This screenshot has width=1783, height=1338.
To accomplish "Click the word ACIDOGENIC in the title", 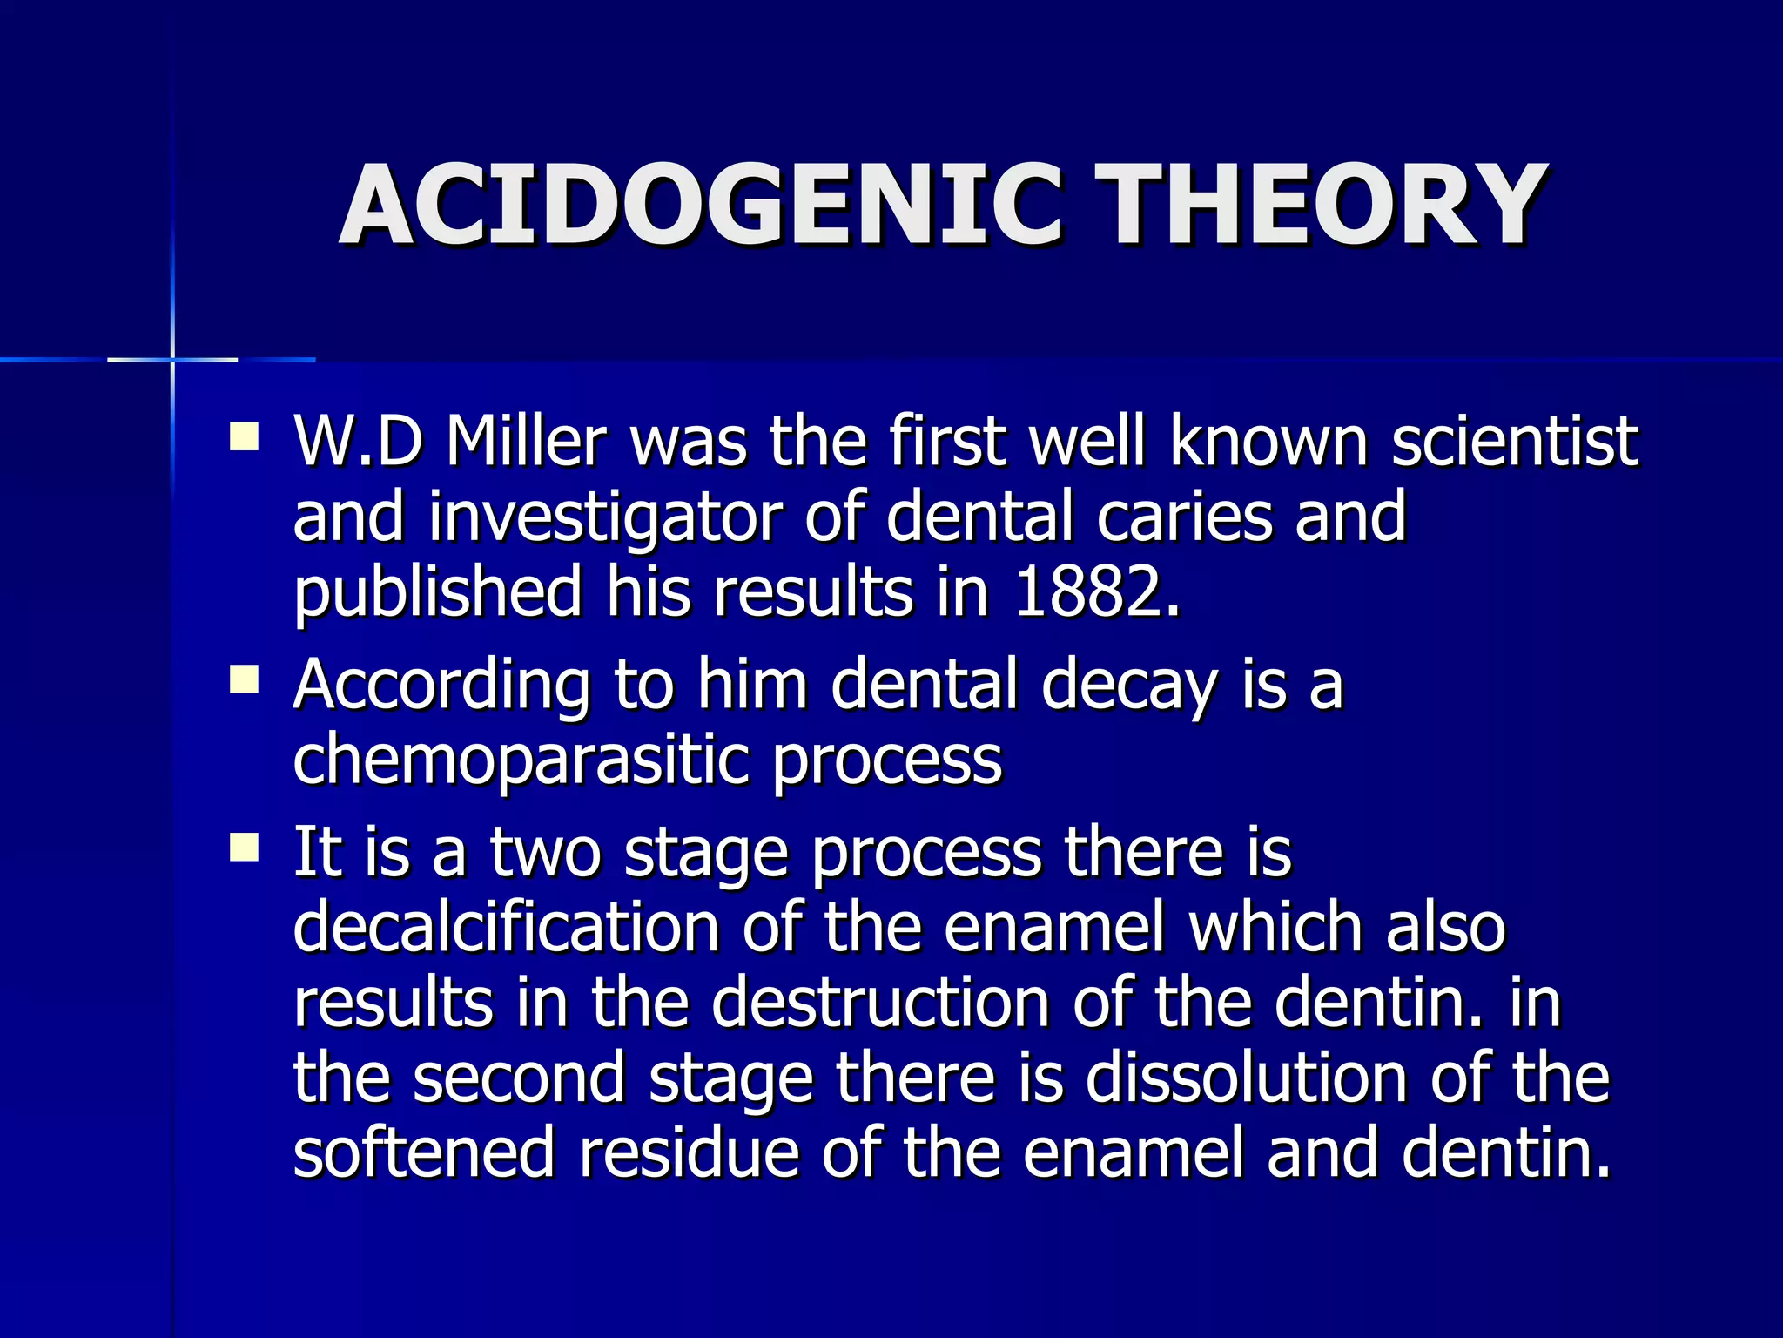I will coord(701,206).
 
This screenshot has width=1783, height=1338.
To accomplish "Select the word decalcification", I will coord(506,927).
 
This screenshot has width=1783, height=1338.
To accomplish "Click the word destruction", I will coord(880,1002).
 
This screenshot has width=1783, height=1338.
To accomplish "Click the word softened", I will coord(424,1152).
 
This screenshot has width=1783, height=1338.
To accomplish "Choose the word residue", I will coord(689,1152).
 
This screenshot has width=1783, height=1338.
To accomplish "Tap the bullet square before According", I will coord(245,679).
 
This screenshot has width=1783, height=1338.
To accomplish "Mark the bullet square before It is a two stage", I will coord(245,847).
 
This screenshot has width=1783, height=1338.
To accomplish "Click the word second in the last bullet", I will coord(519,1078).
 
